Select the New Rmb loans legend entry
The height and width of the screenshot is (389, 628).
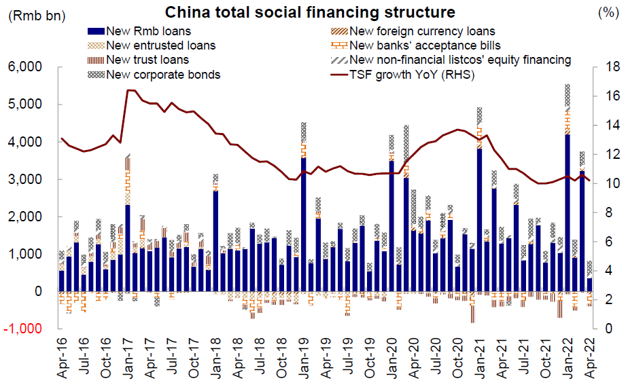click(149, 31)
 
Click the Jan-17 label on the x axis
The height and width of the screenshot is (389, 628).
click(128, 359)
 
